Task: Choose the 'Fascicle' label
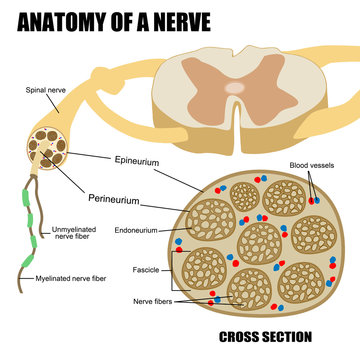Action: (146, 270)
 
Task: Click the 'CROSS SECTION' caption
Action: (264, 337)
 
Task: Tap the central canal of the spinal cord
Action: (233, 89)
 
